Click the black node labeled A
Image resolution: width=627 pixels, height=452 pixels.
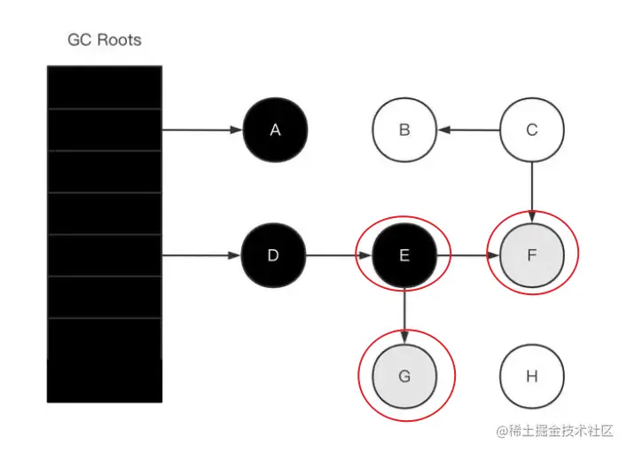(x=275, y=130)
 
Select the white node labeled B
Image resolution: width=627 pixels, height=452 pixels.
(x=404, y=130)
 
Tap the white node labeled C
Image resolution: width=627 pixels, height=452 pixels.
(x=532, y=130)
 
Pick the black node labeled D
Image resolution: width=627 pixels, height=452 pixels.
(x=273, y=256)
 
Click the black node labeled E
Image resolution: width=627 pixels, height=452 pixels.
(x=404, y=256)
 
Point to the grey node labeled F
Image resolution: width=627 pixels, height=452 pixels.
(x=532, y=256)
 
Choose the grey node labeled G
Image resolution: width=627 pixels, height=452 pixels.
(x=404, y=376)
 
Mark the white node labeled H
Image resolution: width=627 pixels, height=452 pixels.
(x=532, y=376)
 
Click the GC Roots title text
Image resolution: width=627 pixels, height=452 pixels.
(x=104, y=40)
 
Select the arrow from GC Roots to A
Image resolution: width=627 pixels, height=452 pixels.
(x=202, y=130)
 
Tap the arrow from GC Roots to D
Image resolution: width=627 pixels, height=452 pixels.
(x=202, y=256)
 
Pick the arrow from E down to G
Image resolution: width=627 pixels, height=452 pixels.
(x=404, y=316)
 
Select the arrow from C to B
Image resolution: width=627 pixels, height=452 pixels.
(x=468, y=130)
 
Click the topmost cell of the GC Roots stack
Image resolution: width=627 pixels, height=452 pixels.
(x=104, y=87)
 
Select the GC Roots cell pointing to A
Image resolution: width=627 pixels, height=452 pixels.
(x=104, y=130)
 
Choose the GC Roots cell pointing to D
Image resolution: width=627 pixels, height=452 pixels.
(x=104, y=256)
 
